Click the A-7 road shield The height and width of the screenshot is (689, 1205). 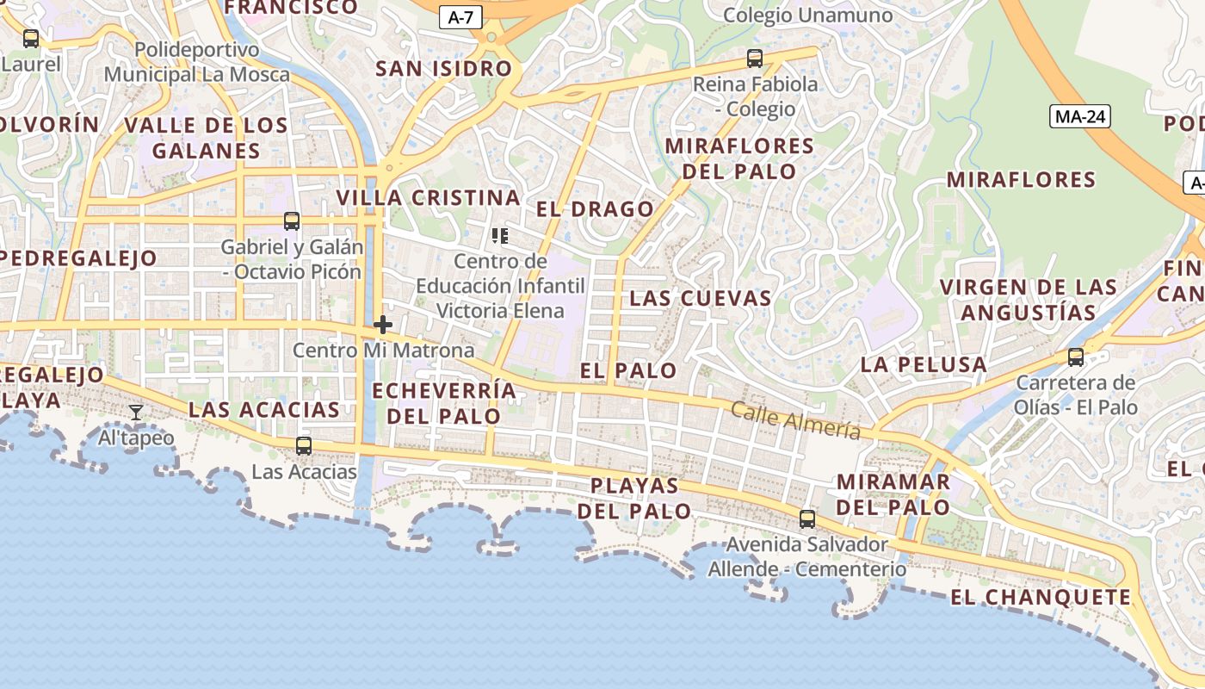pos(460,17)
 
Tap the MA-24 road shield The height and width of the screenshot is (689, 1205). pos(1080,116)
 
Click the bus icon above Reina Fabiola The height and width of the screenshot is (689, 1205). pos(755,59)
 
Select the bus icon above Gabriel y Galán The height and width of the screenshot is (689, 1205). pos(292,221)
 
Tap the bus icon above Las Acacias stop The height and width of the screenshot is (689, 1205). pos(304,446)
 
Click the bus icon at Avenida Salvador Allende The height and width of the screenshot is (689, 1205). pos(807,518)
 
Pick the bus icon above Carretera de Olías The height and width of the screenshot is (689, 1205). pos(1076,357)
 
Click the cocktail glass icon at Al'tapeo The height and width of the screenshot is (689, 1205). pos(136,413)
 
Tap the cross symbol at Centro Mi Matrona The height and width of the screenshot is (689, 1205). pos(383,325)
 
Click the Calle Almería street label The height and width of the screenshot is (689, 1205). pos(795,420)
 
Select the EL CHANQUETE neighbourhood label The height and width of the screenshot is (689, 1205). pos(1041,597)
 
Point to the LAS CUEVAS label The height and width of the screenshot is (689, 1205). pos(701,299)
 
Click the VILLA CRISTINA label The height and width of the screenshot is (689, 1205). pos(428,197)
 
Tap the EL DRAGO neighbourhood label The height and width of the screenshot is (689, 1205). pos(595,209)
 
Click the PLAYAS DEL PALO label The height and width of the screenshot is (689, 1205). pos(634,499)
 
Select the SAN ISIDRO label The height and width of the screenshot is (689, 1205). pos(444,69)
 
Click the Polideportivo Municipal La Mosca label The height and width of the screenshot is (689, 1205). pos(197,62)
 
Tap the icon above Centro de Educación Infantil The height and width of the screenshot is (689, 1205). pos(500,235)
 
